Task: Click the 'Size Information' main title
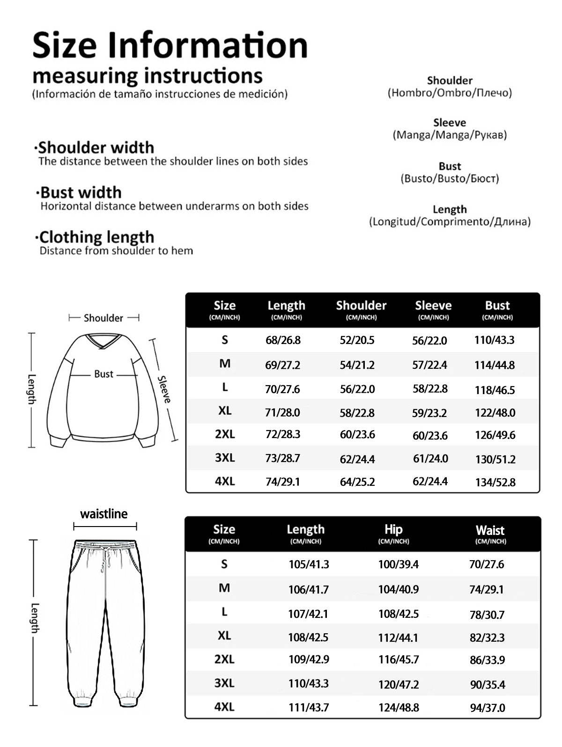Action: (x=170, y=45)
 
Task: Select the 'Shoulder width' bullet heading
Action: (x=96, y=148)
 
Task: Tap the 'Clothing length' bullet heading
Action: (x=96, y=237)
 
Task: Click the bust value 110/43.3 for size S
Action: (x=494, y=340)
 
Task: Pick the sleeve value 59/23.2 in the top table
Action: (x=429, y=413)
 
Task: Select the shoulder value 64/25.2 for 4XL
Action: (x=357, y=482)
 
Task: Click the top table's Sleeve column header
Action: (x=433, y=306)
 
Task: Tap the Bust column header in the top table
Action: (x=497, y=306)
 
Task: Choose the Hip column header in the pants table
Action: (x=393, y=530)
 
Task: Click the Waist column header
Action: (x=490, y=531)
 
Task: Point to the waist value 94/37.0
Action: (x=488, y=708)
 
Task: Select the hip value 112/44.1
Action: (x=398, y=637)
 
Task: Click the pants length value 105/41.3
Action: (x=309, y=564)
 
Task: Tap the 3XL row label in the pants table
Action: (x=224, y=683)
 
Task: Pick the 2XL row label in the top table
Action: (x=225, y=434)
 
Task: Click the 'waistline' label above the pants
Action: (x=104, y=514)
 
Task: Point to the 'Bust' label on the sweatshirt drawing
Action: (x=104, y=374)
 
